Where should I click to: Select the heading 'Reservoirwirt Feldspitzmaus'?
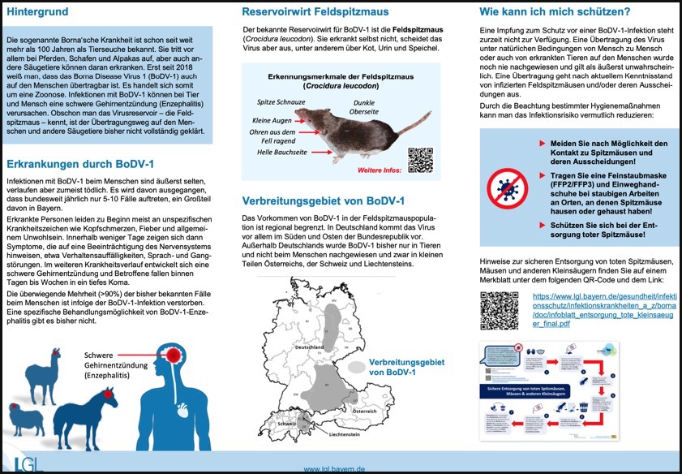[x=315, y=12]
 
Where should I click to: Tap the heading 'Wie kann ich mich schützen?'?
[x=554, y=12]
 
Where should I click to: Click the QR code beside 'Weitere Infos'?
[x=420, y=159]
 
